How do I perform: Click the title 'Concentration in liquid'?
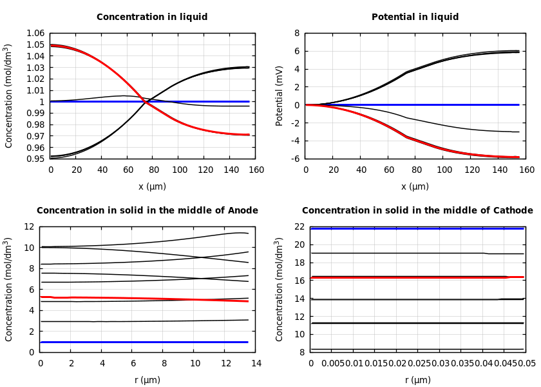pyautogui.click(x=152, y=17)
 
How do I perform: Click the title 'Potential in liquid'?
pyautogui.click(x=415, y=17)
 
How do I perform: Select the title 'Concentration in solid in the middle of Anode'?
pyautogui.click(x=147, y=211)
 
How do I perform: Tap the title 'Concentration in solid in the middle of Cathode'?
pyautogui.click(x=417, y=211)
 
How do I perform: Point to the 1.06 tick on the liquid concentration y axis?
pyautogui.click(x=36, y=33)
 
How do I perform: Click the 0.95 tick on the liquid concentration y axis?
pyautogui.click(x=36, y=159)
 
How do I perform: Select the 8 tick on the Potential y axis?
pyautogui.click(x=297, y=33)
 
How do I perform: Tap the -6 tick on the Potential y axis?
pyautogui.click(x=295, y=159)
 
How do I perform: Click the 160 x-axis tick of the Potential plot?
pyautogui.click(x=527, y=170)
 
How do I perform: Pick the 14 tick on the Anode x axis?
pyautogui.click(x=256, y=364)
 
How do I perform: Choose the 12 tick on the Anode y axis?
pyautogui.click(x=28, y=227)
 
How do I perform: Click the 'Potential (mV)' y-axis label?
pyautogui.click(x=280, y=95)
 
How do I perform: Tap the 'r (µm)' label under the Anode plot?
pyautogui.click(x=147, y=380)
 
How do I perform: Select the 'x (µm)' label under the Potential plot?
pyautogui.click(x=415, y=186)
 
